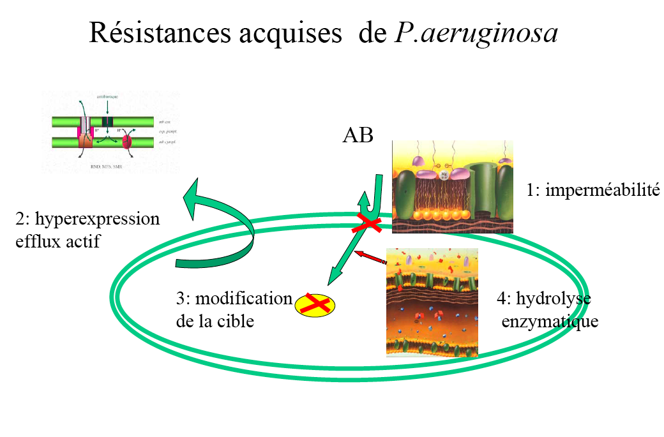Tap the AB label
(358, 137)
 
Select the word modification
(243, 299)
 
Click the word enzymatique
(550, 321)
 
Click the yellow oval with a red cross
(315, 306)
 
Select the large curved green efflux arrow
(217, 230)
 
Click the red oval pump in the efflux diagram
(126, 141)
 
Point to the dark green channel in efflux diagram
(107, 122)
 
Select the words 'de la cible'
(215, 321)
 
